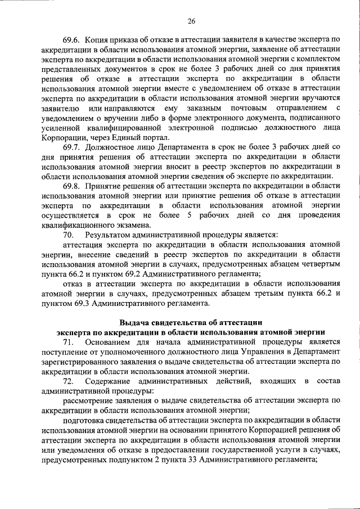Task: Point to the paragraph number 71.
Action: [67, 341]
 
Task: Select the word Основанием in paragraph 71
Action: [109, 341]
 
